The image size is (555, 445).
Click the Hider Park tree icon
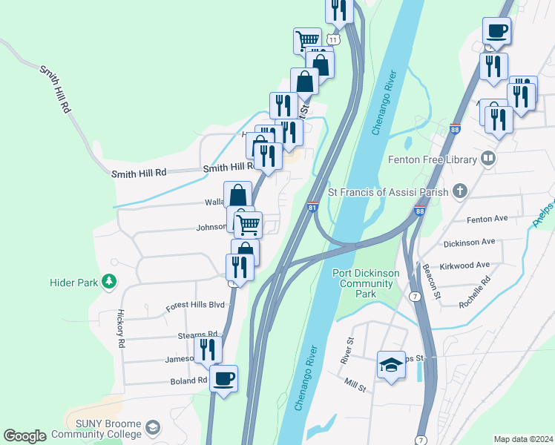coord(110,281)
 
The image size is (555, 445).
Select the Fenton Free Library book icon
coord(488,158)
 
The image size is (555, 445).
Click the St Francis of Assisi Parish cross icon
coord(459,191)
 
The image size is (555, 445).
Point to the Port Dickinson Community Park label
coord(367,283)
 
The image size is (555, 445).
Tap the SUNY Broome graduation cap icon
coord(152,428)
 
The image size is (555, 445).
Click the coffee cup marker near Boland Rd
coord(223,380)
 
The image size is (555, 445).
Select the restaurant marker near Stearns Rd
coord(208,349)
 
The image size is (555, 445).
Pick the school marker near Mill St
coord(391,365)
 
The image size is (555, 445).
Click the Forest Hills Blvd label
coord(195,305)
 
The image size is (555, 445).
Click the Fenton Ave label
coord(486,220)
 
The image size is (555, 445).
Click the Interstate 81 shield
coord(312,208)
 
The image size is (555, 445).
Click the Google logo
coord(24,436)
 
